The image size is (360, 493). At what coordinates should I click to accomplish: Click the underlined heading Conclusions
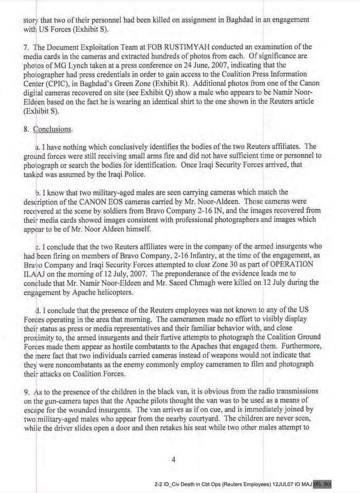[x=53, y=129]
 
